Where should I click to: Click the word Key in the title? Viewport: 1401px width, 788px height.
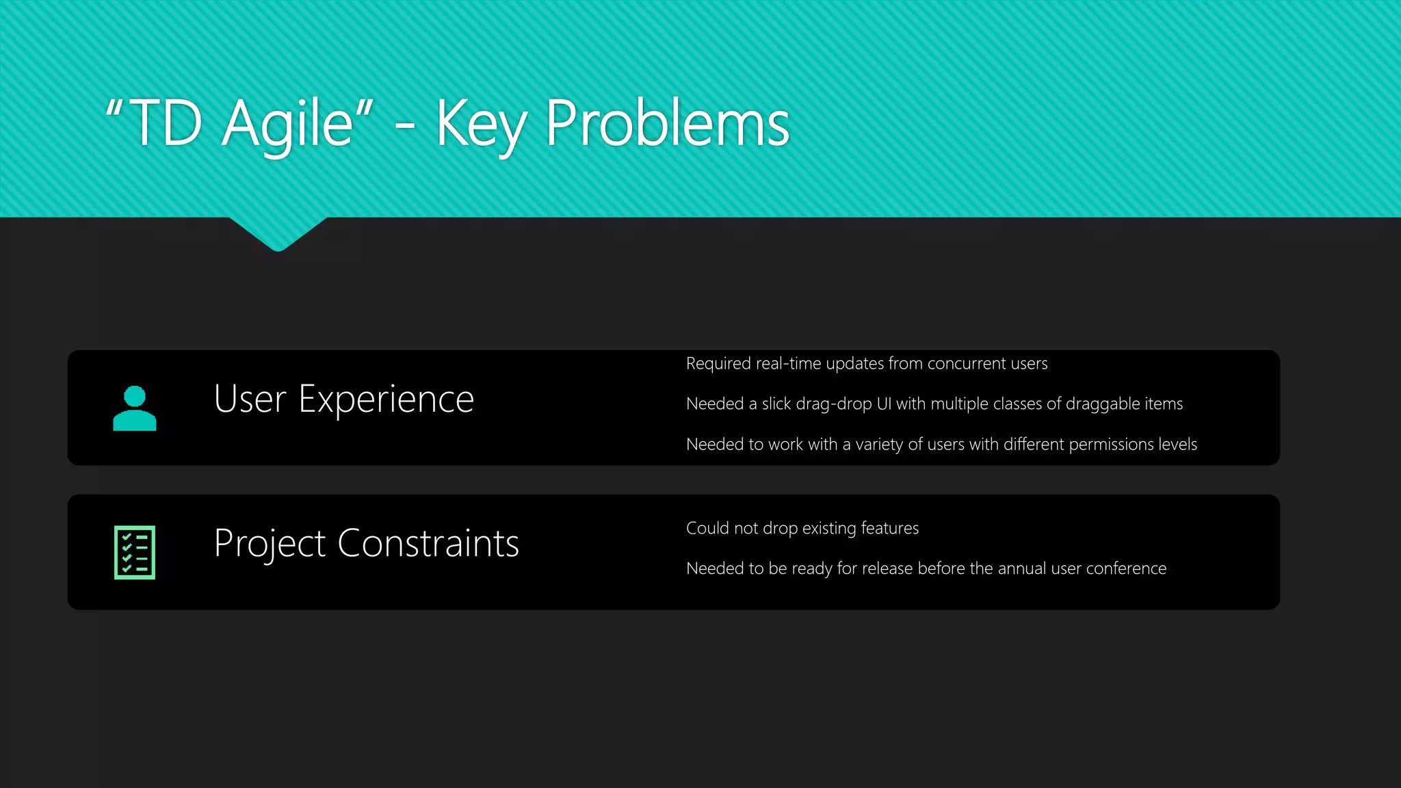point(481,124)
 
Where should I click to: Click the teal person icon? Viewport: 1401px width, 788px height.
point(135,408)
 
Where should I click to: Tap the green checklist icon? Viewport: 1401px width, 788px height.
point(135,552)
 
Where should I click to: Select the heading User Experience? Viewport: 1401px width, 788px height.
point(343,399)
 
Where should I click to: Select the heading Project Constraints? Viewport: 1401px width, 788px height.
point(366,544)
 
